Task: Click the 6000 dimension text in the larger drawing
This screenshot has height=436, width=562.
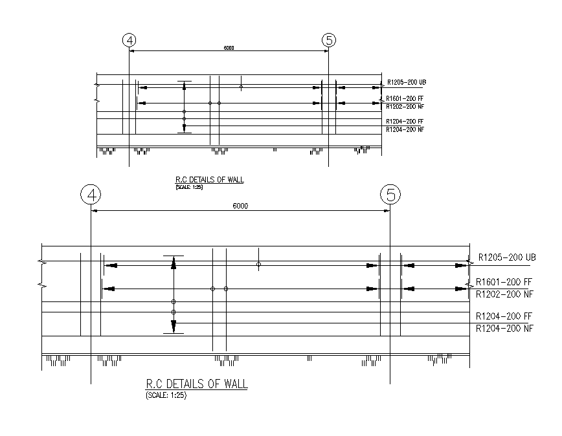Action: tap(240, 206)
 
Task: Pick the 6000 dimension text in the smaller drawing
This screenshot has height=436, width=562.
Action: tap(229, 48)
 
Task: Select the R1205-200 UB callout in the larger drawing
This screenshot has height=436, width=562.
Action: tap(507, 257)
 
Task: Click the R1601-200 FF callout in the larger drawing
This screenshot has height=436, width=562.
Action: tap(504, 282)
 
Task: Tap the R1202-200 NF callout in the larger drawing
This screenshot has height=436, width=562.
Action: tap(504, 294)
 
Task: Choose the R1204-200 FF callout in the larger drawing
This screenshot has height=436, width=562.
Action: tap(504, 316)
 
